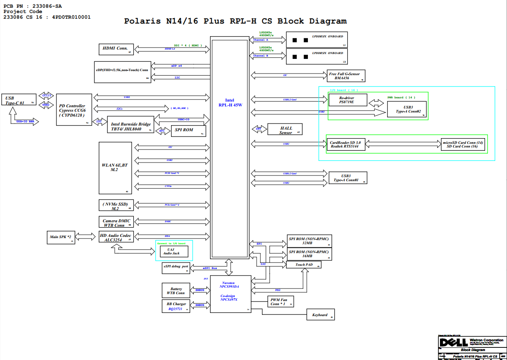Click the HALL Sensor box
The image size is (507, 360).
click(286, 130)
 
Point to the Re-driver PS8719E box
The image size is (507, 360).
click(347, 100)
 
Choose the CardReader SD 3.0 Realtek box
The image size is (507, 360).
click(346, 144)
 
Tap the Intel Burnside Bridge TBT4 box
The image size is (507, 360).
click(131, 126)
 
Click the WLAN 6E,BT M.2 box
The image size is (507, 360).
click(115, 168)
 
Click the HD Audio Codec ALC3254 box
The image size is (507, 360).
click(116, 237)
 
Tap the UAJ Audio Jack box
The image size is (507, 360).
click(173, 252)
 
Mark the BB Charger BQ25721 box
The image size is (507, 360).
click(176, 306)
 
